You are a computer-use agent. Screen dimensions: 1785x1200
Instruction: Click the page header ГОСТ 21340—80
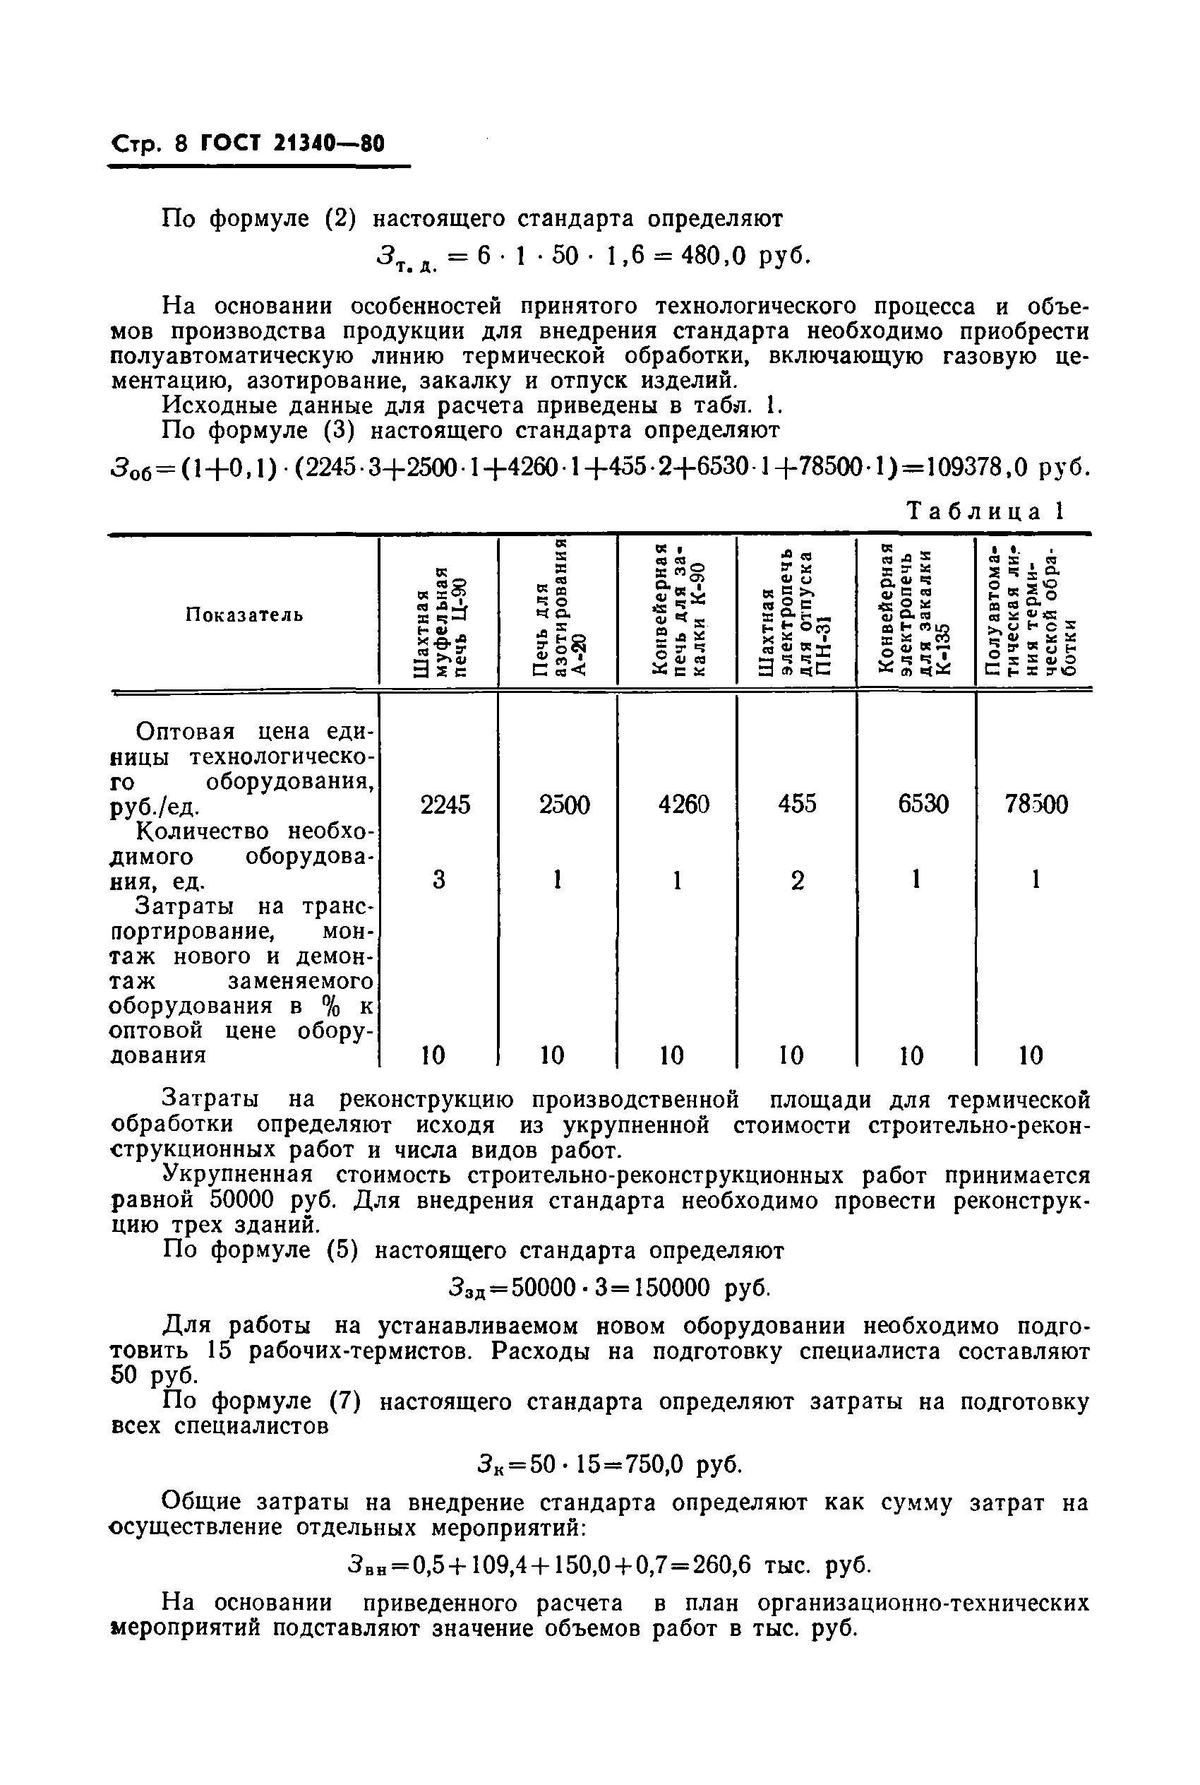coord(292,144)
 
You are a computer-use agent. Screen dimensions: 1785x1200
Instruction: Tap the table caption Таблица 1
coord(985,511)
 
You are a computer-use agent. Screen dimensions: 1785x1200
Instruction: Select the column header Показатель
coord(244,614)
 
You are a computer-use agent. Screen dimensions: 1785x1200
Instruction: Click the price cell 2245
coord(445,804)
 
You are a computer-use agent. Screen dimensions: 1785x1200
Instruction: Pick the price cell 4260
coord(683,804)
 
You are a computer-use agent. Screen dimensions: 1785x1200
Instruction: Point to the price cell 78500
coord(1036,804)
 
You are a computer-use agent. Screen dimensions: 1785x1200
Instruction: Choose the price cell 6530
coord(923,804)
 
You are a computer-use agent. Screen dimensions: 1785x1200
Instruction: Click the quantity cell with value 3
coord(438,880)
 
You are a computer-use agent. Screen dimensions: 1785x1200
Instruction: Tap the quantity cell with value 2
coord(798,881)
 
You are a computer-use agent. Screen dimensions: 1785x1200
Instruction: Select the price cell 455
coord(798,804)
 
